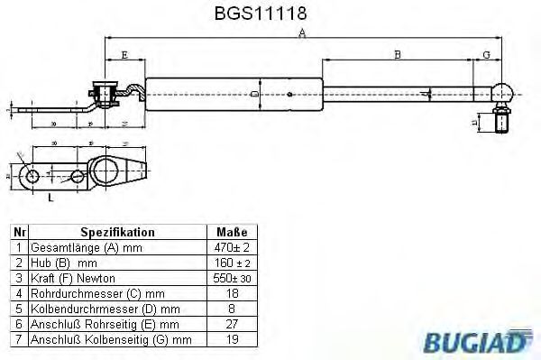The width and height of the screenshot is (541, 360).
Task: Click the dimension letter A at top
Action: tap(302, 33)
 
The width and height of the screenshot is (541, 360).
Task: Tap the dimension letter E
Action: tap(123, 56)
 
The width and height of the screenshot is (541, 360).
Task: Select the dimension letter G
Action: tap(486, 56)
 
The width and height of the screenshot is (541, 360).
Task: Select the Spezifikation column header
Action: tap(118, 232)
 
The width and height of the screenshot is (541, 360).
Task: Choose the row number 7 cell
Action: tap(18, 339)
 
